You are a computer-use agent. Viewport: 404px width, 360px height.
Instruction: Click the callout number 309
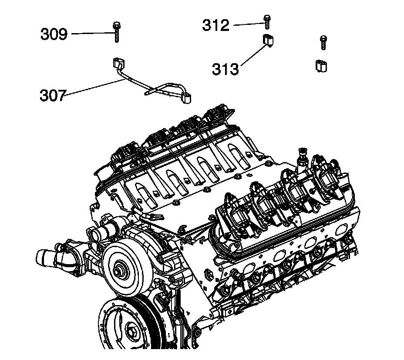54,34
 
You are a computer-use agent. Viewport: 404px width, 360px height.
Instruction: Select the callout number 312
215,25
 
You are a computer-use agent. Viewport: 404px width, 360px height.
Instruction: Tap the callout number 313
226,68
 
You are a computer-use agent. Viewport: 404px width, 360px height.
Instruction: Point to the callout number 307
53,95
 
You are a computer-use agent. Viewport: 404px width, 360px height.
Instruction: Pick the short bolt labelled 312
266,20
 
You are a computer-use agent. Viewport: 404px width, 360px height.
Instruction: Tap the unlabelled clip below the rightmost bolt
321,65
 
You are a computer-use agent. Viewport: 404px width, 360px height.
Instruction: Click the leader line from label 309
91,33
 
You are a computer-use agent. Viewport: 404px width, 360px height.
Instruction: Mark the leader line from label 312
248,25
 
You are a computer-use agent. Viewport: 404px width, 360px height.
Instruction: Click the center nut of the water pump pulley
118,269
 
